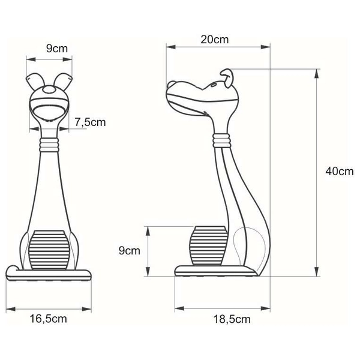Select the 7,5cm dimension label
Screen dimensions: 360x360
[91, 122]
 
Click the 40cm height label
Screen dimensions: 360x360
[339, 171]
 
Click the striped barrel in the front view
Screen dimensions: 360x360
[49, 248]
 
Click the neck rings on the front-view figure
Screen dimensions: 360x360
[49, 144]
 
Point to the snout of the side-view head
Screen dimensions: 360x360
[174, 90]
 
